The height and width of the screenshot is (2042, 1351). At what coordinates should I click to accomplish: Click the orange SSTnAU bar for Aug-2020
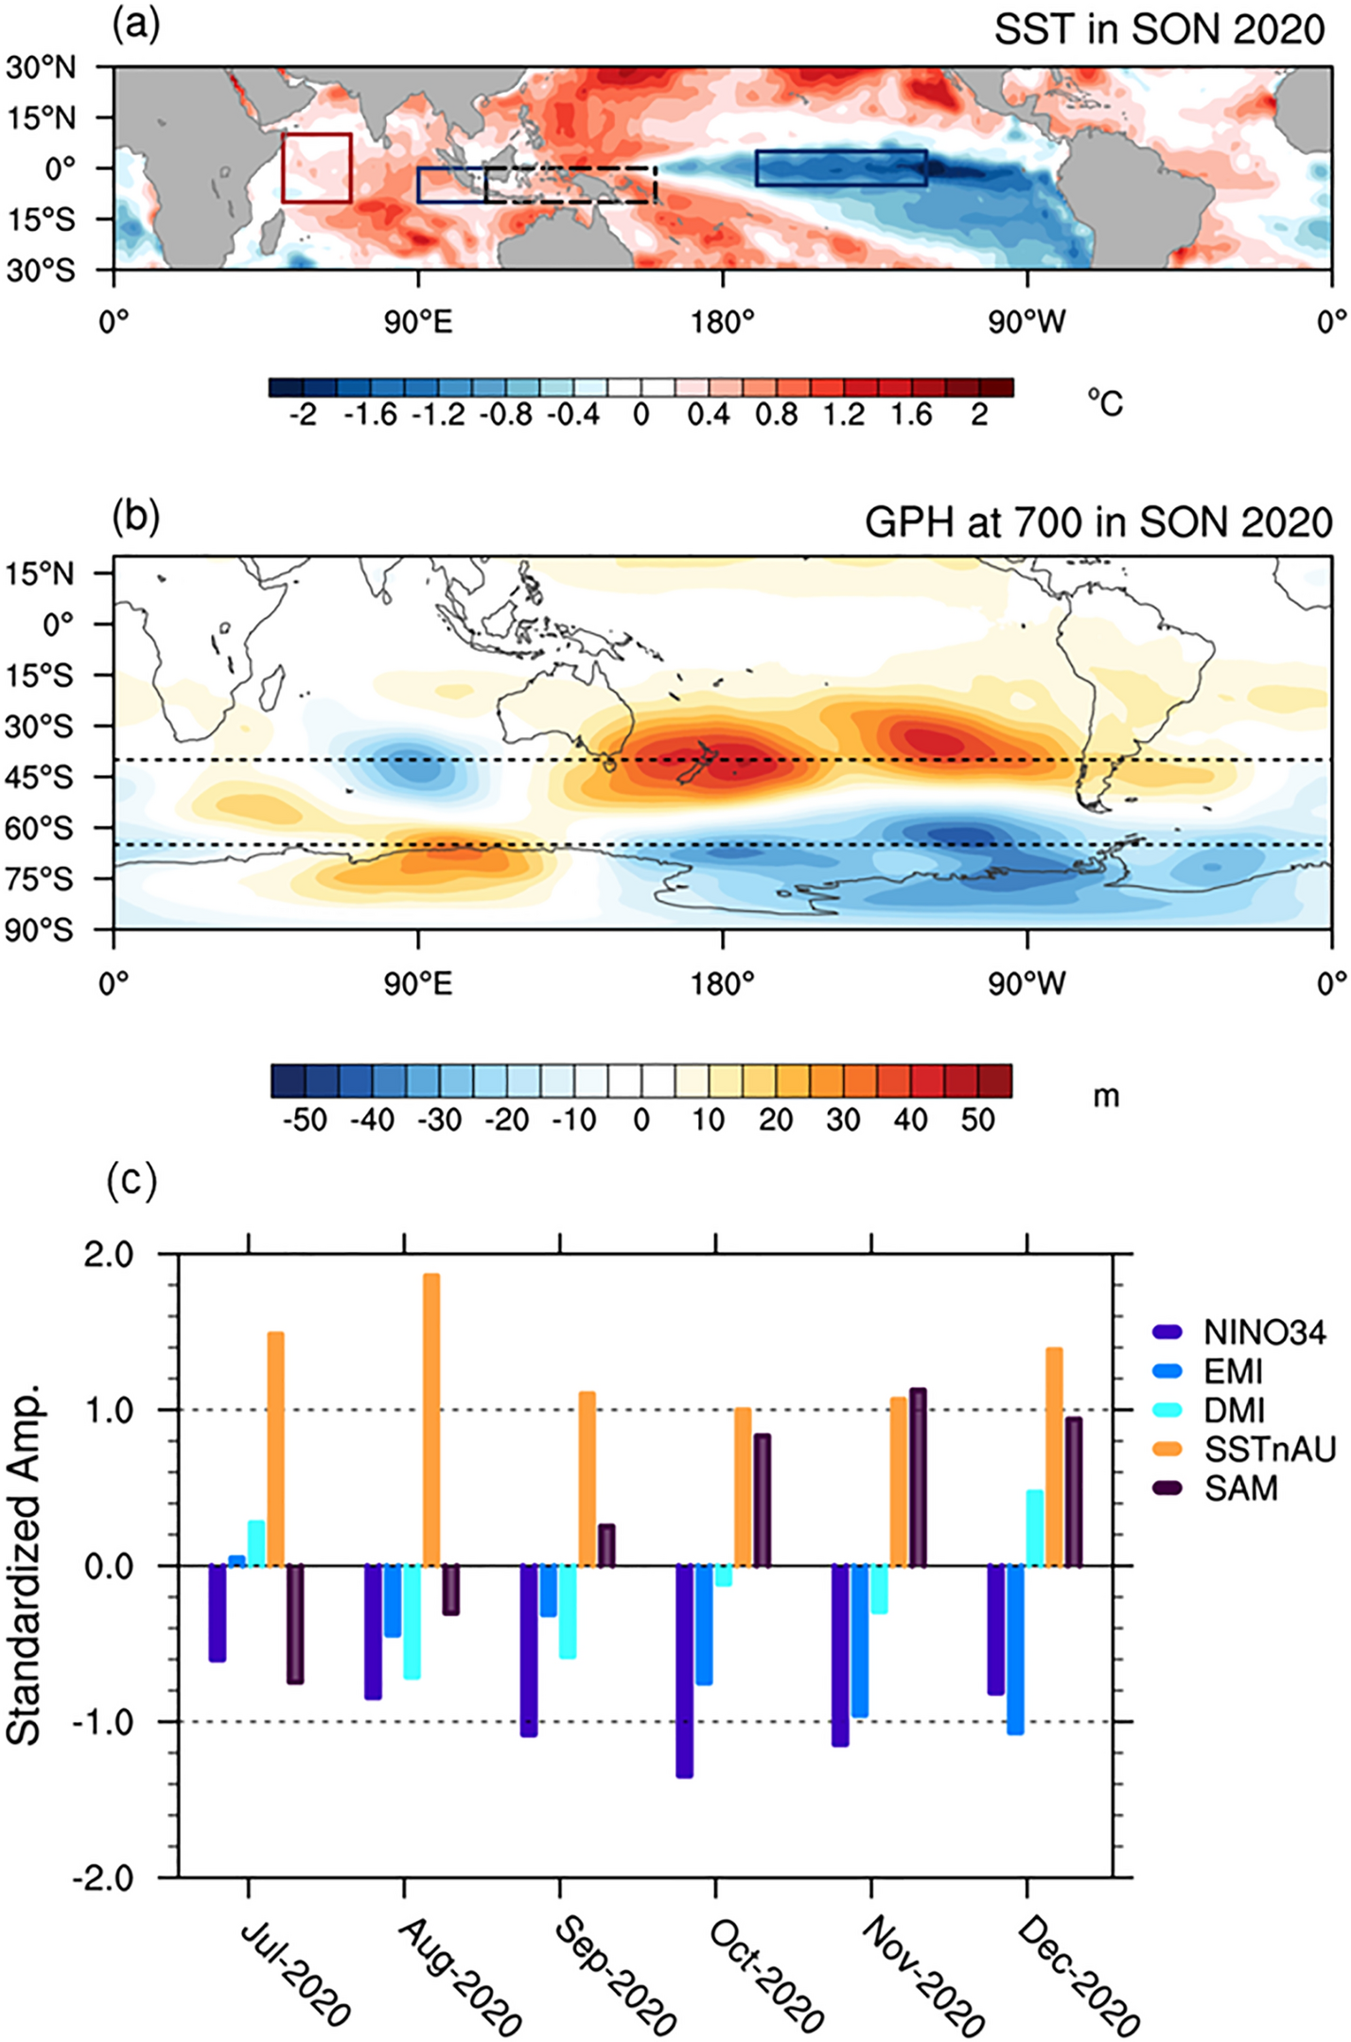pos(431,1419)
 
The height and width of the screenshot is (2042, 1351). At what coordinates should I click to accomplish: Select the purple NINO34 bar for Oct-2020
pos(684,1671)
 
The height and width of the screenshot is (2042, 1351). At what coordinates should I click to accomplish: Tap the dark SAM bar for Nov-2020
pos(918,1477)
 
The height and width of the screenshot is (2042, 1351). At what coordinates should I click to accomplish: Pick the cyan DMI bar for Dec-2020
pos(1035,1528)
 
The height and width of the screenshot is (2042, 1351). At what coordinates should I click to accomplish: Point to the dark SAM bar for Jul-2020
pos(295,1624)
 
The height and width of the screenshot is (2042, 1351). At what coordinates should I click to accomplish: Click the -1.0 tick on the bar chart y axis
pos(109,1722)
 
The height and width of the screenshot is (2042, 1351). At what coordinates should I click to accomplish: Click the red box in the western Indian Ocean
pos(317,168)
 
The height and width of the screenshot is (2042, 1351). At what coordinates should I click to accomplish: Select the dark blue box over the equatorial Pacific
pos(840,167)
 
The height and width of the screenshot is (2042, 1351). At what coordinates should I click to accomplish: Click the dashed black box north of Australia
pos(570,185)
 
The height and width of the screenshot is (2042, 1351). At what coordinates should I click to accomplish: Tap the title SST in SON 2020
pos(1158,30)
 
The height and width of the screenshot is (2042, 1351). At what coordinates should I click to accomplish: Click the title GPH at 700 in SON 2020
pos(1097,522)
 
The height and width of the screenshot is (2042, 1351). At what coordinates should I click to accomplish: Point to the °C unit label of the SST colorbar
pos(1104,404)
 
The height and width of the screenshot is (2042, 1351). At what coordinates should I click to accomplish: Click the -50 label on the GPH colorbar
pos(306,1119)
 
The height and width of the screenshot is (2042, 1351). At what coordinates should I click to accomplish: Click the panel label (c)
pos(132,1182)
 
